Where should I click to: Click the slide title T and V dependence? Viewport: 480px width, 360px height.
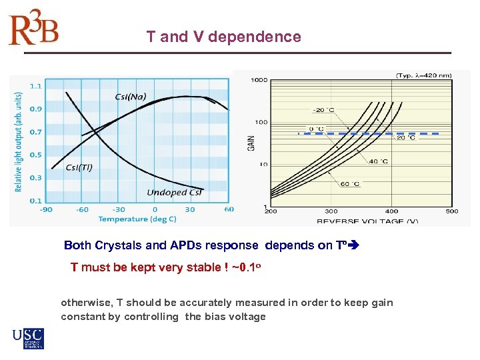tap(223, 37)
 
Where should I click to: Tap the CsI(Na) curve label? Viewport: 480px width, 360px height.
tap(131, 96)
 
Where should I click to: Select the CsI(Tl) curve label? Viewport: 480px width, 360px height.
tap(79, 167)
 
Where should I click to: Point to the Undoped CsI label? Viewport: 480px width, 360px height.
tap(175, 193)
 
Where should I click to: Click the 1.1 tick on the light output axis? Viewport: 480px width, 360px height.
tap(35, 85)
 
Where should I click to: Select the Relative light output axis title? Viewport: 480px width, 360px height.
tap(18, 141)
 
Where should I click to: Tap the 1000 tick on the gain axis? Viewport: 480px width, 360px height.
tap(259, 80)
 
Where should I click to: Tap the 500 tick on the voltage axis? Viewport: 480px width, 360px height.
tap(451, 211)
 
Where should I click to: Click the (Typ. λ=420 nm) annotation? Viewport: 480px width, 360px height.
tap(423, 75)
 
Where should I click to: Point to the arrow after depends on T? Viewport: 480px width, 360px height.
tap(353, 245)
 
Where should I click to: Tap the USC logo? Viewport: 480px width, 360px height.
tap(28, 339)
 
